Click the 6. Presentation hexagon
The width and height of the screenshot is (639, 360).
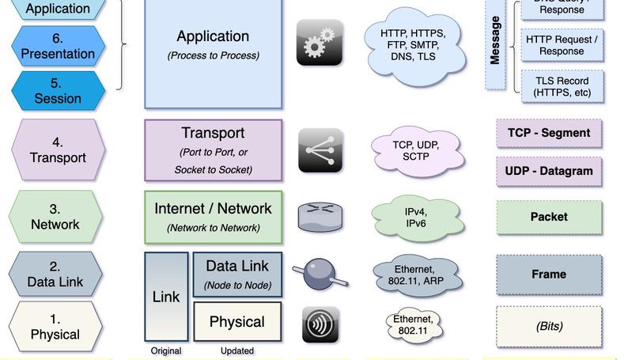tap(57, 47)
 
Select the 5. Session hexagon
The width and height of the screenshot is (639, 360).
tap(57, 91)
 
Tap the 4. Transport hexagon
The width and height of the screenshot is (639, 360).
tap(57, 150)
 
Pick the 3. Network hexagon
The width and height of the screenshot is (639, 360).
tap(55, 217)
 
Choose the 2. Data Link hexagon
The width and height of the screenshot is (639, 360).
tap(55, 274)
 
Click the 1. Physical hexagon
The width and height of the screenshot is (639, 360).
tap(55, 327)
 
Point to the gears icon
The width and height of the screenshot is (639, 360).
tap(319, 43)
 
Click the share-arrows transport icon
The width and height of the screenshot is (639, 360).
tap(320, 150)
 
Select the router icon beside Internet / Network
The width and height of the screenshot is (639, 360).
tap(320, 217)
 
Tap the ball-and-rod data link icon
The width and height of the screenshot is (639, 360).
tap(319, 274)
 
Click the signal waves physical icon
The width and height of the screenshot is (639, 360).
tap(320, 325)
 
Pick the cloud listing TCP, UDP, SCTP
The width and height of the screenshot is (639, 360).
tap(416, 151)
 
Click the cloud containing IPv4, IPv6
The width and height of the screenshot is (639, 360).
tap(416, 218)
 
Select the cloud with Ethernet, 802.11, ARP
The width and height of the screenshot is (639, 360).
tap(416, 275)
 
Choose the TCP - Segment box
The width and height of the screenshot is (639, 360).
tap(549, 134)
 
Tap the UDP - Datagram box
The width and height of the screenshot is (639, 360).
tap(549, 171)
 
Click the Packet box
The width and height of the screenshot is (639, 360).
tap(549, 217)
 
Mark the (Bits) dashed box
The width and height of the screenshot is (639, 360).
tap(549, 326)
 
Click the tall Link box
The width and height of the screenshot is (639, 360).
tap(166, 297)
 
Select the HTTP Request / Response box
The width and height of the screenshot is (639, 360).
tap(561, 45)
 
